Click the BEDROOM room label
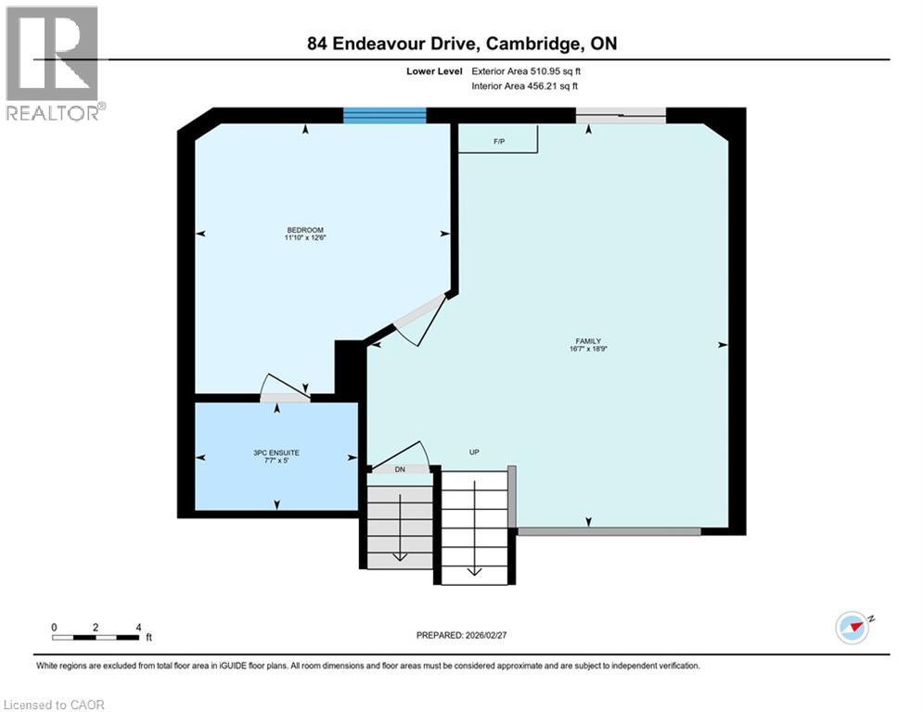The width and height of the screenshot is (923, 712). [305, 230]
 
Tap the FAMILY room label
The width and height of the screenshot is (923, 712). [589, 341]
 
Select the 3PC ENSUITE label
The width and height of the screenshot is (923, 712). [277, 452]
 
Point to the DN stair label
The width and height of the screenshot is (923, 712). [400, 470]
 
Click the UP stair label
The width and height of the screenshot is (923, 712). [473, 452]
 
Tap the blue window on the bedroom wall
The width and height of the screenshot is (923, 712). [384, 115]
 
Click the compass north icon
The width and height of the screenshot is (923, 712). [852, 627]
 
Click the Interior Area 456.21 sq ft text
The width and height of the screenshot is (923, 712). [526, 86]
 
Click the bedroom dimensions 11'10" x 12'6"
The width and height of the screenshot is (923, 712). [305, 238]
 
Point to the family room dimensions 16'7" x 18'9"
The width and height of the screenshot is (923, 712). [589, 350]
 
